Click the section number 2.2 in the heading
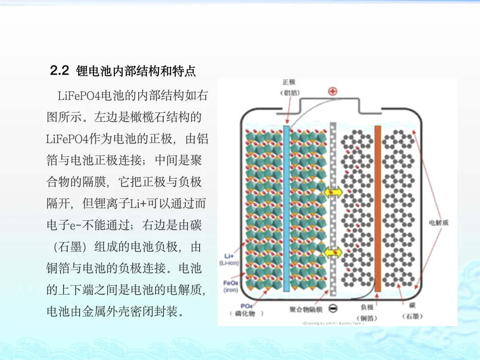(60, 71)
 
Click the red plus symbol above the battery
(332, 92)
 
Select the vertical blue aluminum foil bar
(286, 208)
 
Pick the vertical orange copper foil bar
(378, 208)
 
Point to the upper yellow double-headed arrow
(333, 192)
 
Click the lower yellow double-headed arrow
(333, 253)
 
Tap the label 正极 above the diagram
(289, 82)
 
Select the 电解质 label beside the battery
(438, 222)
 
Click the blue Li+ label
(229, 256)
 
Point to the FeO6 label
(231, 283)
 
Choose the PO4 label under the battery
(247, 306)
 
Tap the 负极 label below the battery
(367, 307)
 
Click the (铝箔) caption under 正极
(289, 93)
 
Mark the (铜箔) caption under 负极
(367, 318)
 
